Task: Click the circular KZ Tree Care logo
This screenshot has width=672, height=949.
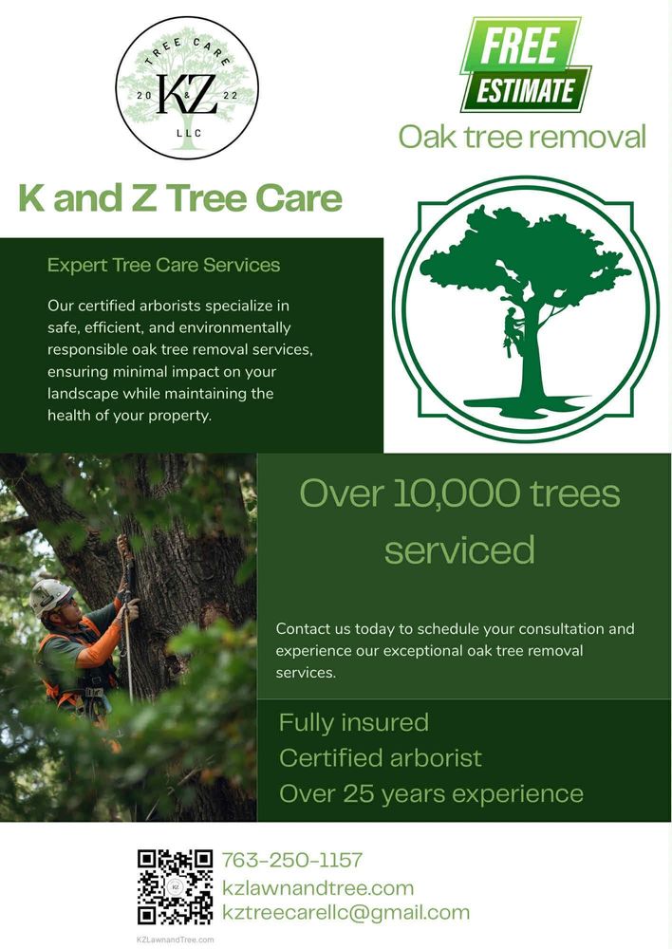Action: tap(187, 87)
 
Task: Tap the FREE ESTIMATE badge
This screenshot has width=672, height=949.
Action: tap(524, 65)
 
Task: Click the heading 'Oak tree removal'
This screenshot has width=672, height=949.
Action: tap(521, 137)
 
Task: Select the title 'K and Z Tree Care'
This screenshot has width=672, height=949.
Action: tap(180, 198)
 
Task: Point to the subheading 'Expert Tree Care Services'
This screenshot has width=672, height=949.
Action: tap(163, 265)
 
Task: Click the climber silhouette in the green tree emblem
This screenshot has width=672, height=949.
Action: tap(513, 331)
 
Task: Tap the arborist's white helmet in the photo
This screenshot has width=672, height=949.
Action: tap(49, 595)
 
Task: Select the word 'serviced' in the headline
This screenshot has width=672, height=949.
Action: tap(459, 549)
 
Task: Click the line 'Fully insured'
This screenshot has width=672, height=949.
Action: tap(353, 722)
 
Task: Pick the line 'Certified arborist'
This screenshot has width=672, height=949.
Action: tap(380, 757)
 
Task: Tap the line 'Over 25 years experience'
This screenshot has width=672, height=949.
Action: tap(431, 792)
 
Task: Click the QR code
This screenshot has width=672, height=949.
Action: tap(175, 886)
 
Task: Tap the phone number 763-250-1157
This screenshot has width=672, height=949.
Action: tap(291, 861)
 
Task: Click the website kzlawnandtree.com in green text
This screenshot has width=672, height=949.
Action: tap(317, 888)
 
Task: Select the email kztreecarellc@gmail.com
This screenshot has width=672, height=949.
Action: tap(345, 913)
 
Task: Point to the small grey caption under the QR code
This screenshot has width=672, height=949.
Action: tap(176, 940)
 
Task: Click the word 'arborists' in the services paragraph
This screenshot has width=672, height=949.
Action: tap(193, 306)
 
